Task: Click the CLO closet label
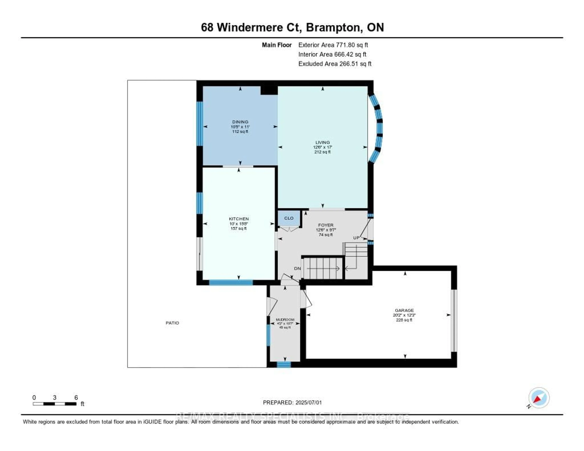(x=289, y=218)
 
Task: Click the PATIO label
(x=172, y=323)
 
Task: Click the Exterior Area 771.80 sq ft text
(x=333, y=45)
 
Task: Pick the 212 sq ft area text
(x=322, y=152)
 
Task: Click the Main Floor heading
(x=276, y=45)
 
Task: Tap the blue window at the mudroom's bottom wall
(x=283, y=365)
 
